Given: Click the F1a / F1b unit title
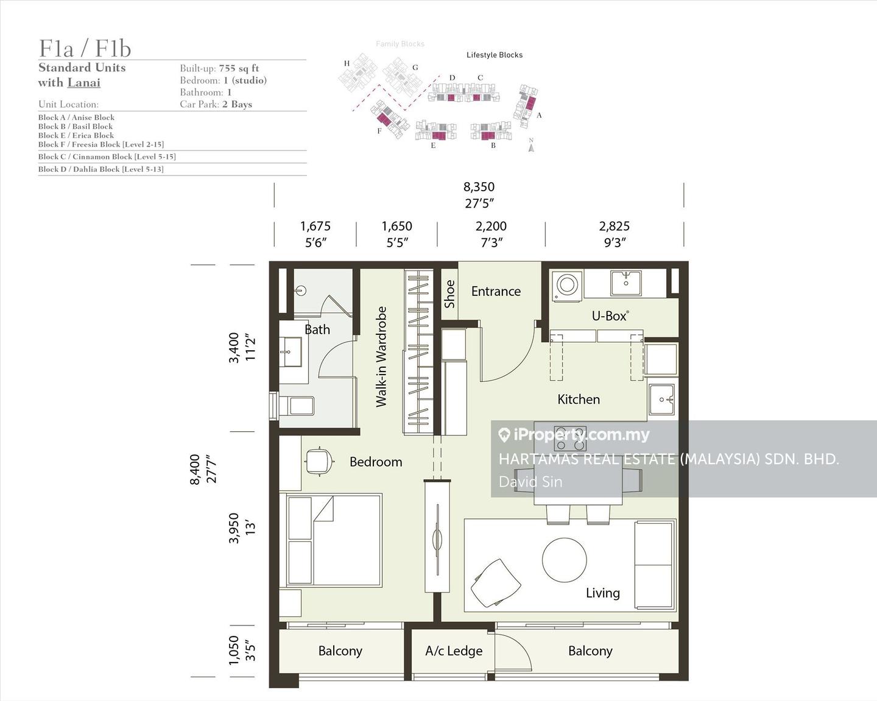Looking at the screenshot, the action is click(85, 49).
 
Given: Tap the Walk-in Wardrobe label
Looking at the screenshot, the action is click(381, 357).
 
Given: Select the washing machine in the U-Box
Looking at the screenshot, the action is click(567, 285).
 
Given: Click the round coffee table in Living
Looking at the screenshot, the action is click(565, 560).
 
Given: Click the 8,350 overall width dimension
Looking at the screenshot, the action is click(479, 187).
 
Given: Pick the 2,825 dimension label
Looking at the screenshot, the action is click(614, 226).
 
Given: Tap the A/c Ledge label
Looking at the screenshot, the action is click(454, 651).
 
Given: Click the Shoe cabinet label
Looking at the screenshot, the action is click(449, 294).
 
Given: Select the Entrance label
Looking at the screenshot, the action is click(496, 291).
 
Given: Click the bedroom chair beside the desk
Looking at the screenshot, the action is click(320, 462).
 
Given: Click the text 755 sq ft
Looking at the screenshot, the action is click(239, 68).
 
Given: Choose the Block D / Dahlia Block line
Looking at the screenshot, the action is click(100, 169).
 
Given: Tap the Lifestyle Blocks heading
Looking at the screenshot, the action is click(495, 55).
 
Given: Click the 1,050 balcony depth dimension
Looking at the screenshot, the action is click(233, 650).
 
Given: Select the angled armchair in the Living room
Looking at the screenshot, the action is click(496, 583).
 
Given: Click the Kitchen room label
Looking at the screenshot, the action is click(579, 400).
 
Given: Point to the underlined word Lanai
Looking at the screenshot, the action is click(84, 83).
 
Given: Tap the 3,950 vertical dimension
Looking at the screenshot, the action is click(233, 528).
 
